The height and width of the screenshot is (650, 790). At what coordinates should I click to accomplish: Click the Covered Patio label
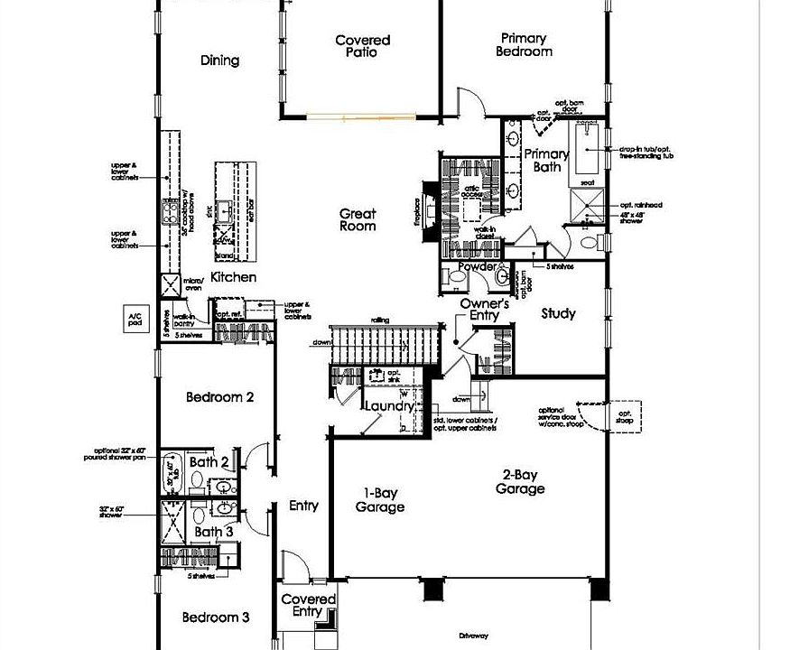click(362, 46)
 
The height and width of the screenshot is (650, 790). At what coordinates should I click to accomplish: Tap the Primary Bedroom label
click(524, 45)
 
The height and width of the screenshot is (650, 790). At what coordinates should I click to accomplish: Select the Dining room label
click(219, 60)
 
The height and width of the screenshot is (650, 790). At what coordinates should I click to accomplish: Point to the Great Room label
click(358, 220)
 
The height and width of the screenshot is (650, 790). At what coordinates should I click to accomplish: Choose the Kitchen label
click(234, 277)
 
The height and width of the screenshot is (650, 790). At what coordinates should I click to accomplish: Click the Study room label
click(558, 314)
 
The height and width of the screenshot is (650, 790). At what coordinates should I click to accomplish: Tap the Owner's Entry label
click(484, 310)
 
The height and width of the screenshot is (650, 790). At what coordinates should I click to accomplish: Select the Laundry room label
click(389, 406)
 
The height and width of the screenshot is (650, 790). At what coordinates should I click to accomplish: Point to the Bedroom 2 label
click(219, 397)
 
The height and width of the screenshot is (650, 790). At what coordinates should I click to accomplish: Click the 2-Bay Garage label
click(520, 481)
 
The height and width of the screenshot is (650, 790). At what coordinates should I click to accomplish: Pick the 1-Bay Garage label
click(379, 500)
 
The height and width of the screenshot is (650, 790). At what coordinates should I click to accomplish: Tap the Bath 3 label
click(215, 532)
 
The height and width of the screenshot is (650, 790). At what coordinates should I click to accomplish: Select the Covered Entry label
click(309, 605)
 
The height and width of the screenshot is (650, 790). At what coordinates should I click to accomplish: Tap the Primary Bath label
click(546, 160)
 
